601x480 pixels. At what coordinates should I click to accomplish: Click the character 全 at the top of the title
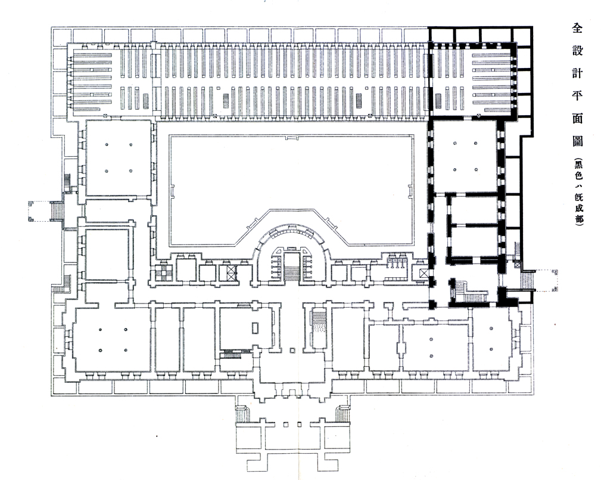click(x=577, y=27)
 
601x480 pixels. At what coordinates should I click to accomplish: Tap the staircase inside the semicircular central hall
click(x=291, y=266)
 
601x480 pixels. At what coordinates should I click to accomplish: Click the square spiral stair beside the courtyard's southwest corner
click(x=160, y=273)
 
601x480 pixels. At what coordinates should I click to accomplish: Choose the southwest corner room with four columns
click(x=112, y=339)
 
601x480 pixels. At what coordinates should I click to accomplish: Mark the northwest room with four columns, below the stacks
click(x=118, y=158)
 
